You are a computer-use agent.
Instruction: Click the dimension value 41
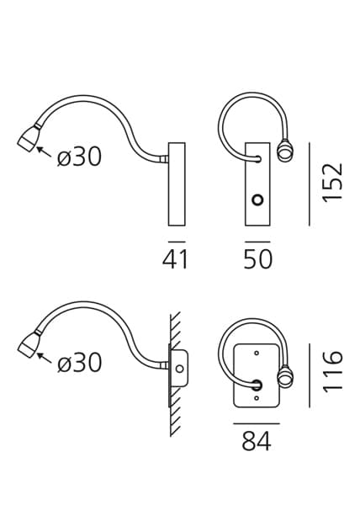pos(175,259)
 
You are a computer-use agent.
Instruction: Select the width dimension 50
pos(258,259)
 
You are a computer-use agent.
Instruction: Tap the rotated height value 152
pos(333,182)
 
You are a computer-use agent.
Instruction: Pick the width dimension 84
pos(257,440)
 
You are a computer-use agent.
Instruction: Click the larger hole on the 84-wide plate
pos(257,385)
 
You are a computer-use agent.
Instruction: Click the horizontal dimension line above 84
pos(257,420)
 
